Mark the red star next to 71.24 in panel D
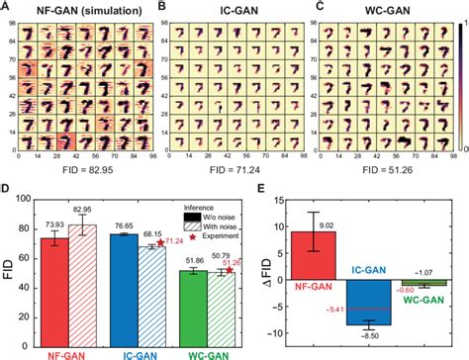[x=160, y=242]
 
